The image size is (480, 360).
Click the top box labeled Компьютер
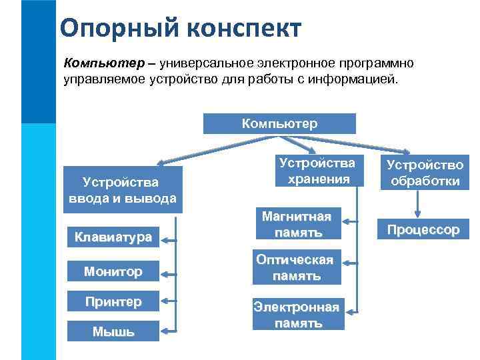(279, 123)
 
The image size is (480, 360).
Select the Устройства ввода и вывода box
(122, 190)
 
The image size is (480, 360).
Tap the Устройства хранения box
(317, 171)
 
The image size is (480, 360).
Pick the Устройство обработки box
(423, 173)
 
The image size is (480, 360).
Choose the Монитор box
(113, 271)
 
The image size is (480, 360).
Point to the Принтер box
(113, 301)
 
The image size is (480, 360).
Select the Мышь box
(113, 331)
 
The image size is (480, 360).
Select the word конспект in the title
(248, 29)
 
